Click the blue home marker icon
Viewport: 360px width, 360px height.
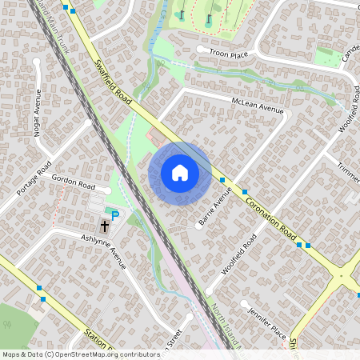coord(180,173)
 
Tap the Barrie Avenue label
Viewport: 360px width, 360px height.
coord(214,206)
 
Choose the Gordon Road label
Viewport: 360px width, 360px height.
coord(73,182)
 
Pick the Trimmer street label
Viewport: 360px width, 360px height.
coord(349,172)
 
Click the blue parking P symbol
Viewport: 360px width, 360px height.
coord(114,214)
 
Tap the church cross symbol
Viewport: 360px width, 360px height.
coord(105,228)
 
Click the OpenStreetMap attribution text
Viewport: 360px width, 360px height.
coord(80,354)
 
